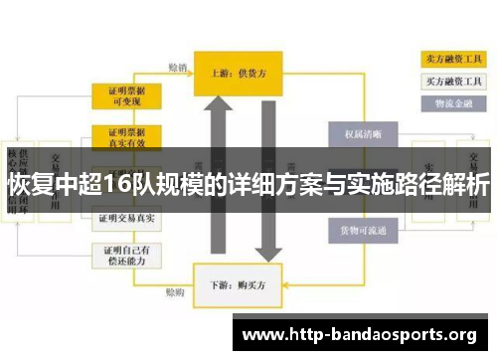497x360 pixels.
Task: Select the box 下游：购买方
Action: click(x=237, y=281)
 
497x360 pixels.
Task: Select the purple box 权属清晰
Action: click(x=361, y=133)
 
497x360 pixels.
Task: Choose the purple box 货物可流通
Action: click(x=361, y=232)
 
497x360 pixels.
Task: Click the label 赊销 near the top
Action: click(x=178, y=68)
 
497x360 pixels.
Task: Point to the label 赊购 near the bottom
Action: click(x=175, y=292)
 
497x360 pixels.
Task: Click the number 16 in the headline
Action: click(x=115, y=185)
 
